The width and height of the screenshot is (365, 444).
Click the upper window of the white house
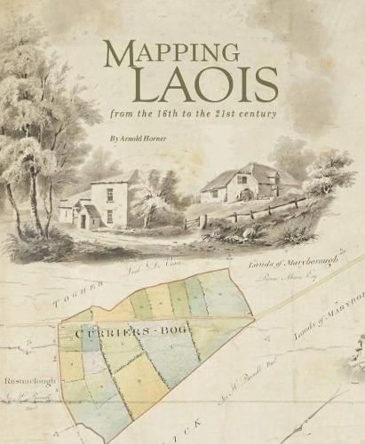coord(109,193)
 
